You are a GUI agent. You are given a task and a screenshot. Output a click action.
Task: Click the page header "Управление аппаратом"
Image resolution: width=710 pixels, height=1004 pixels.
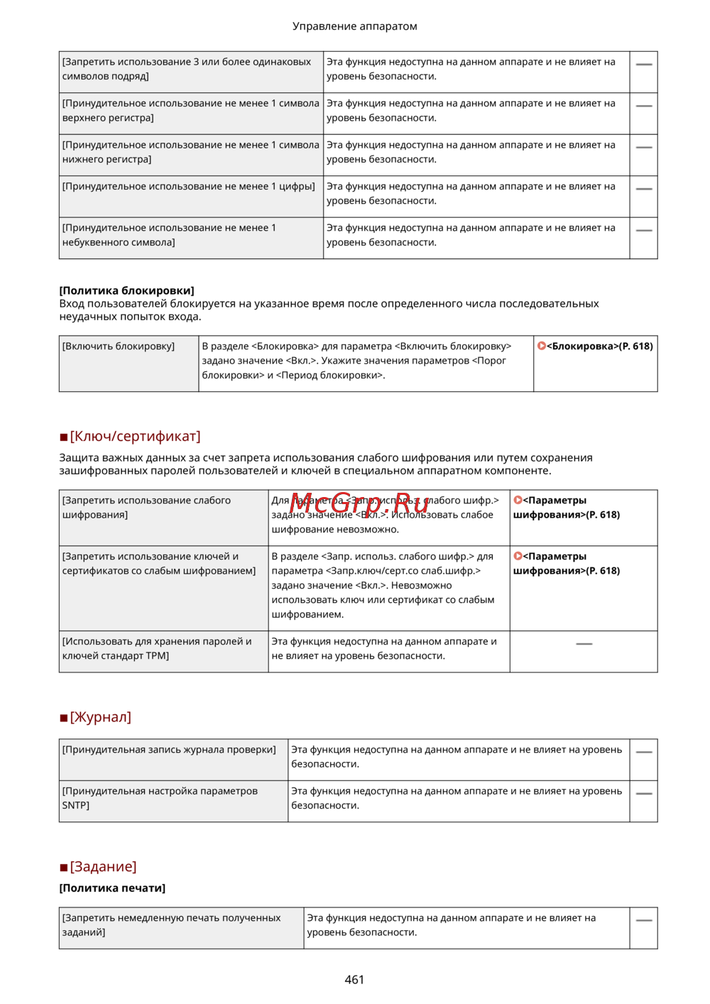[354, 26]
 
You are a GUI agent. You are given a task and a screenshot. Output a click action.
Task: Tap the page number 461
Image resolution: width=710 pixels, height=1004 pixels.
[354, 979]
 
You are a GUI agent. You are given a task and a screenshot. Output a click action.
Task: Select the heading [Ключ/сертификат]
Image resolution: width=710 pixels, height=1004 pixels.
[135, 436]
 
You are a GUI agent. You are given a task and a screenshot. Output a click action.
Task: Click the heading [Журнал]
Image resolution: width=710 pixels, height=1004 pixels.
[100, 717]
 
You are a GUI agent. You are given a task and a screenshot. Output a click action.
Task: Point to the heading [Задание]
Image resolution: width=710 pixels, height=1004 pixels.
[103, 866]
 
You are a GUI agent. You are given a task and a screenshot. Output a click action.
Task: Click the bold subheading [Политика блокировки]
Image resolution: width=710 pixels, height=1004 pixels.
[126, 290]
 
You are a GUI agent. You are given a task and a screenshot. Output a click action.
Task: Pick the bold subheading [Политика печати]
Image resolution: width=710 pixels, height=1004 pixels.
[112, 888]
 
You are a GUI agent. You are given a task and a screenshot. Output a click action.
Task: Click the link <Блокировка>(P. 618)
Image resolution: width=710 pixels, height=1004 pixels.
[600, 347]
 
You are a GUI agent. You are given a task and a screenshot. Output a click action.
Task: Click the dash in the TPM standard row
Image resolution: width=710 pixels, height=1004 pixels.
[584, 644]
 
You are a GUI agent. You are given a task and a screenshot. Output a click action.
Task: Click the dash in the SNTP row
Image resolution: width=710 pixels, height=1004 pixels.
[643, 794]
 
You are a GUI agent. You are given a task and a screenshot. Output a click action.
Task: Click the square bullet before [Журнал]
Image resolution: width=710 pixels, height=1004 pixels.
[64, 719]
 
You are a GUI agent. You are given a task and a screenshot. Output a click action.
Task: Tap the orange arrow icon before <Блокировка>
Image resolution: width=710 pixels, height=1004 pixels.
[542, 346]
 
